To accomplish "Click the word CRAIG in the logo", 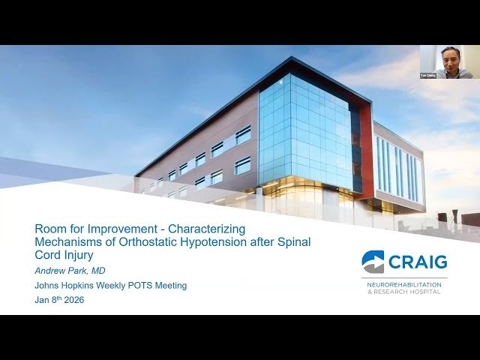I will pyautogui.click(x=418, y=262).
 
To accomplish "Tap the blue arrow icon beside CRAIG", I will pyautogui.click(x=373, y=262).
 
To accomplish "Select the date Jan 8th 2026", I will pyautogui.click(x=59, y=300).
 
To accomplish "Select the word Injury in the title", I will pyautogui.click(x=79, y=255).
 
